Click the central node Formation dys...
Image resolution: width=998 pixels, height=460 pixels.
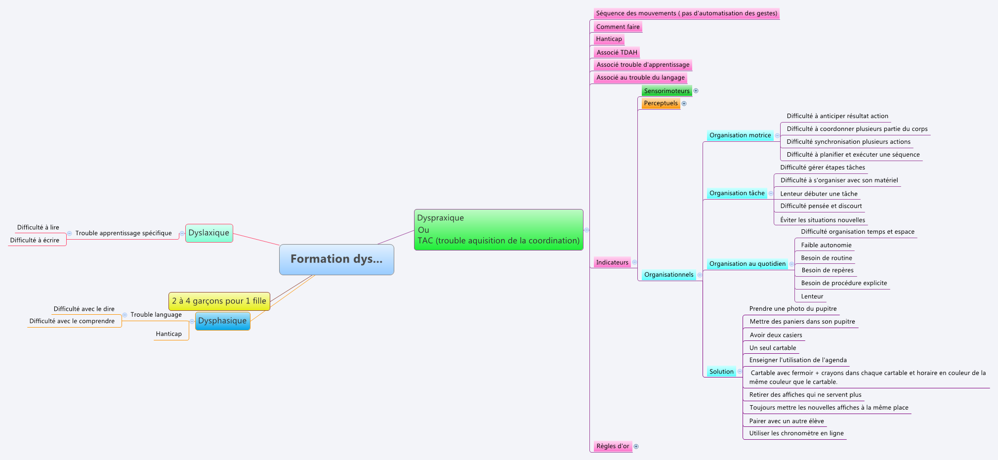[x=336, y=259]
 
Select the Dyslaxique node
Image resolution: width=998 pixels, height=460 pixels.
[x=209, y=233]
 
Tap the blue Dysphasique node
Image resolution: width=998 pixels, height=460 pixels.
[x=222, y=321]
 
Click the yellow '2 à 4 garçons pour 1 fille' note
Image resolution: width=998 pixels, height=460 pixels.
[x=219, y=301]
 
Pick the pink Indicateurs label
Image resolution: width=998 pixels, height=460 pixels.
[x=612, y=262]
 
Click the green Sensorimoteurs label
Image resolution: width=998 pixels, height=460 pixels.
[x=666, y=91]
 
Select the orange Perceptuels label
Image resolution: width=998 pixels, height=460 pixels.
[x=661, y=103]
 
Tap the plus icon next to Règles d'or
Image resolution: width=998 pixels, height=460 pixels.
[x=636, y=446]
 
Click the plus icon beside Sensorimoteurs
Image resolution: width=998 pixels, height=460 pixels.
[x=696, y=91]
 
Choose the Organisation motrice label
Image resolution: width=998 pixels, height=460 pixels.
[x=740, y=135]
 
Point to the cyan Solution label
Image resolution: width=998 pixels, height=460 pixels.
[x=721, y=372]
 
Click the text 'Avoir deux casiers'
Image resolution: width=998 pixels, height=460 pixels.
[x=776, y=335]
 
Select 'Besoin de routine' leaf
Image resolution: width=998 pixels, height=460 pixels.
[x=827, y=258]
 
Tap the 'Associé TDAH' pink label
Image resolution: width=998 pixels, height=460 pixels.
[x=617, y=52]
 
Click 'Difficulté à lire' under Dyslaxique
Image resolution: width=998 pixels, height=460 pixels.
[x=38, y=228]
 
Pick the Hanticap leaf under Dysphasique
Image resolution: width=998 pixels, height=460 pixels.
[x=168, y=334]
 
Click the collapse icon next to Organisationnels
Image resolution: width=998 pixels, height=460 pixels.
[x=700, y=275]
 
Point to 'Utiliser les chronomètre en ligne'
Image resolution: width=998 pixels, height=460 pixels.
[x=796, y=433]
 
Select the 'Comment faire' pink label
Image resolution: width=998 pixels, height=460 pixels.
[x=618, y=27]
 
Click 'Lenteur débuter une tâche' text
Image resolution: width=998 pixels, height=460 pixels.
[x=819, y=194]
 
